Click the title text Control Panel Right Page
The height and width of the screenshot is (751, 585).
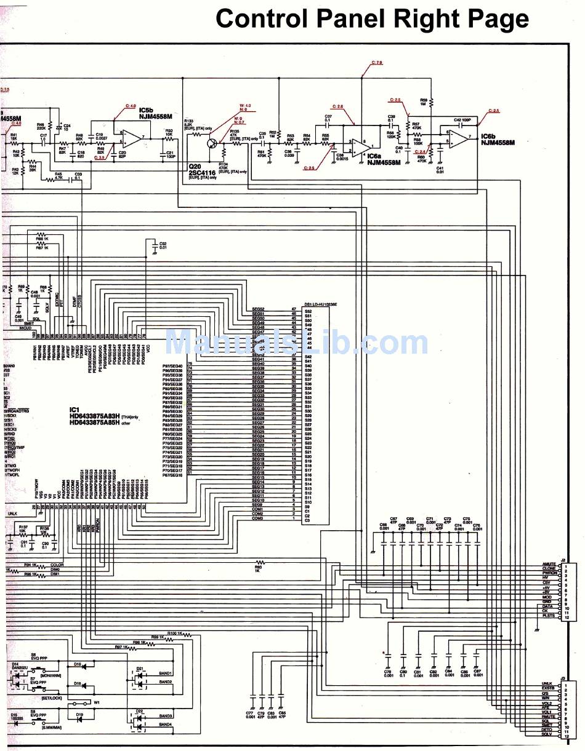(372, 19)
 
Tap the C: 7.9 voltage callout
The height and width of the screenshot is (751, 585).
(377, 63)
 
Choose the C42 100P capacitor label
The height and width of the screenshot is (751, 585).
(462, 119)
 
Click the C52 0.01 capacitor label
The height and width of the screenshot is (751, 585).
(163, 245)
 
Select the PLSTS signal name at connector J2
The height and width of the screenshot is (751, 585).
(549, 616)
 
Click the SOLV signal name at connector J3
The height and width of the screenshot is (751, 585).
(547, 734)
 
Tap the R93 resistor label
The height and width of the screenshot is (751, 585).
(257, 568)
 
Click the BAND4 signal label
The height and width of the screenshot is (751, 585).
(165, 725)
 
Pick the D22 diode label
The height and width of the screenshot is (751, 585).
(139, 711)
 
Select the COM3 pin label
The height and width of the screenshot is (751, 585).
(257, 519)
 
